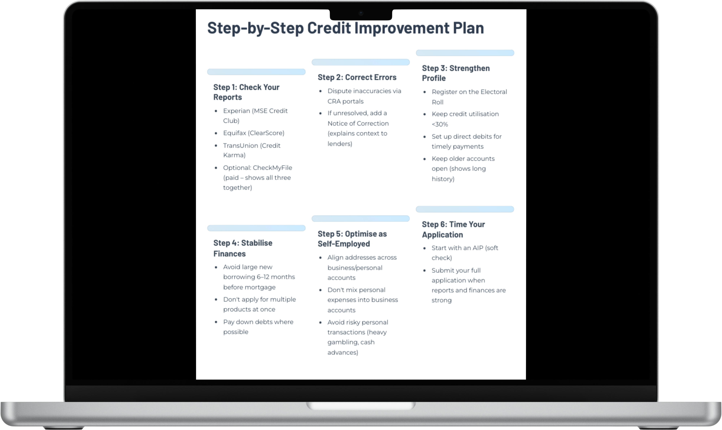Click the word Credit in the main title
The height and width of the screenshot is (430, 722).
point(329,28)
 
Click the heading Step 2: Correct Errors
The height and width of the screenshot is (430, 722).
point(357,77)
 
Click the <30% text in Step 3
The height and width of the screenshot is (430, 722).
point(440,124)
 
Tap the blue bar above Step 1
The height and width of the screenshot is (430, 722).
point(256,72)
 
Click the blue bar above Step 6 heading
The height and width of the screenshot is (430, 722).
point(465,209)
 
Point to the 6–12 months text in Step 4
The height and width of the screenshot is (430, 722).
point(276,277)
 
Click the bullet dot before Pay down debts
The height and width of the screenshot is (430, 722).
point(216,322)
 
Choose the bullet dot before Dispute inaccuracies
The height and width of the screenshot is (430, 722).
point(320,91)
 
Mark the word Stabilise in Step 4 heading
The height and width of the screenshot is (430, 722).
point(257,243)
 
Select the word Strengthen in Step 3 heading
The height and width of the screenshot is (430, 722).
point(469,68)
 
